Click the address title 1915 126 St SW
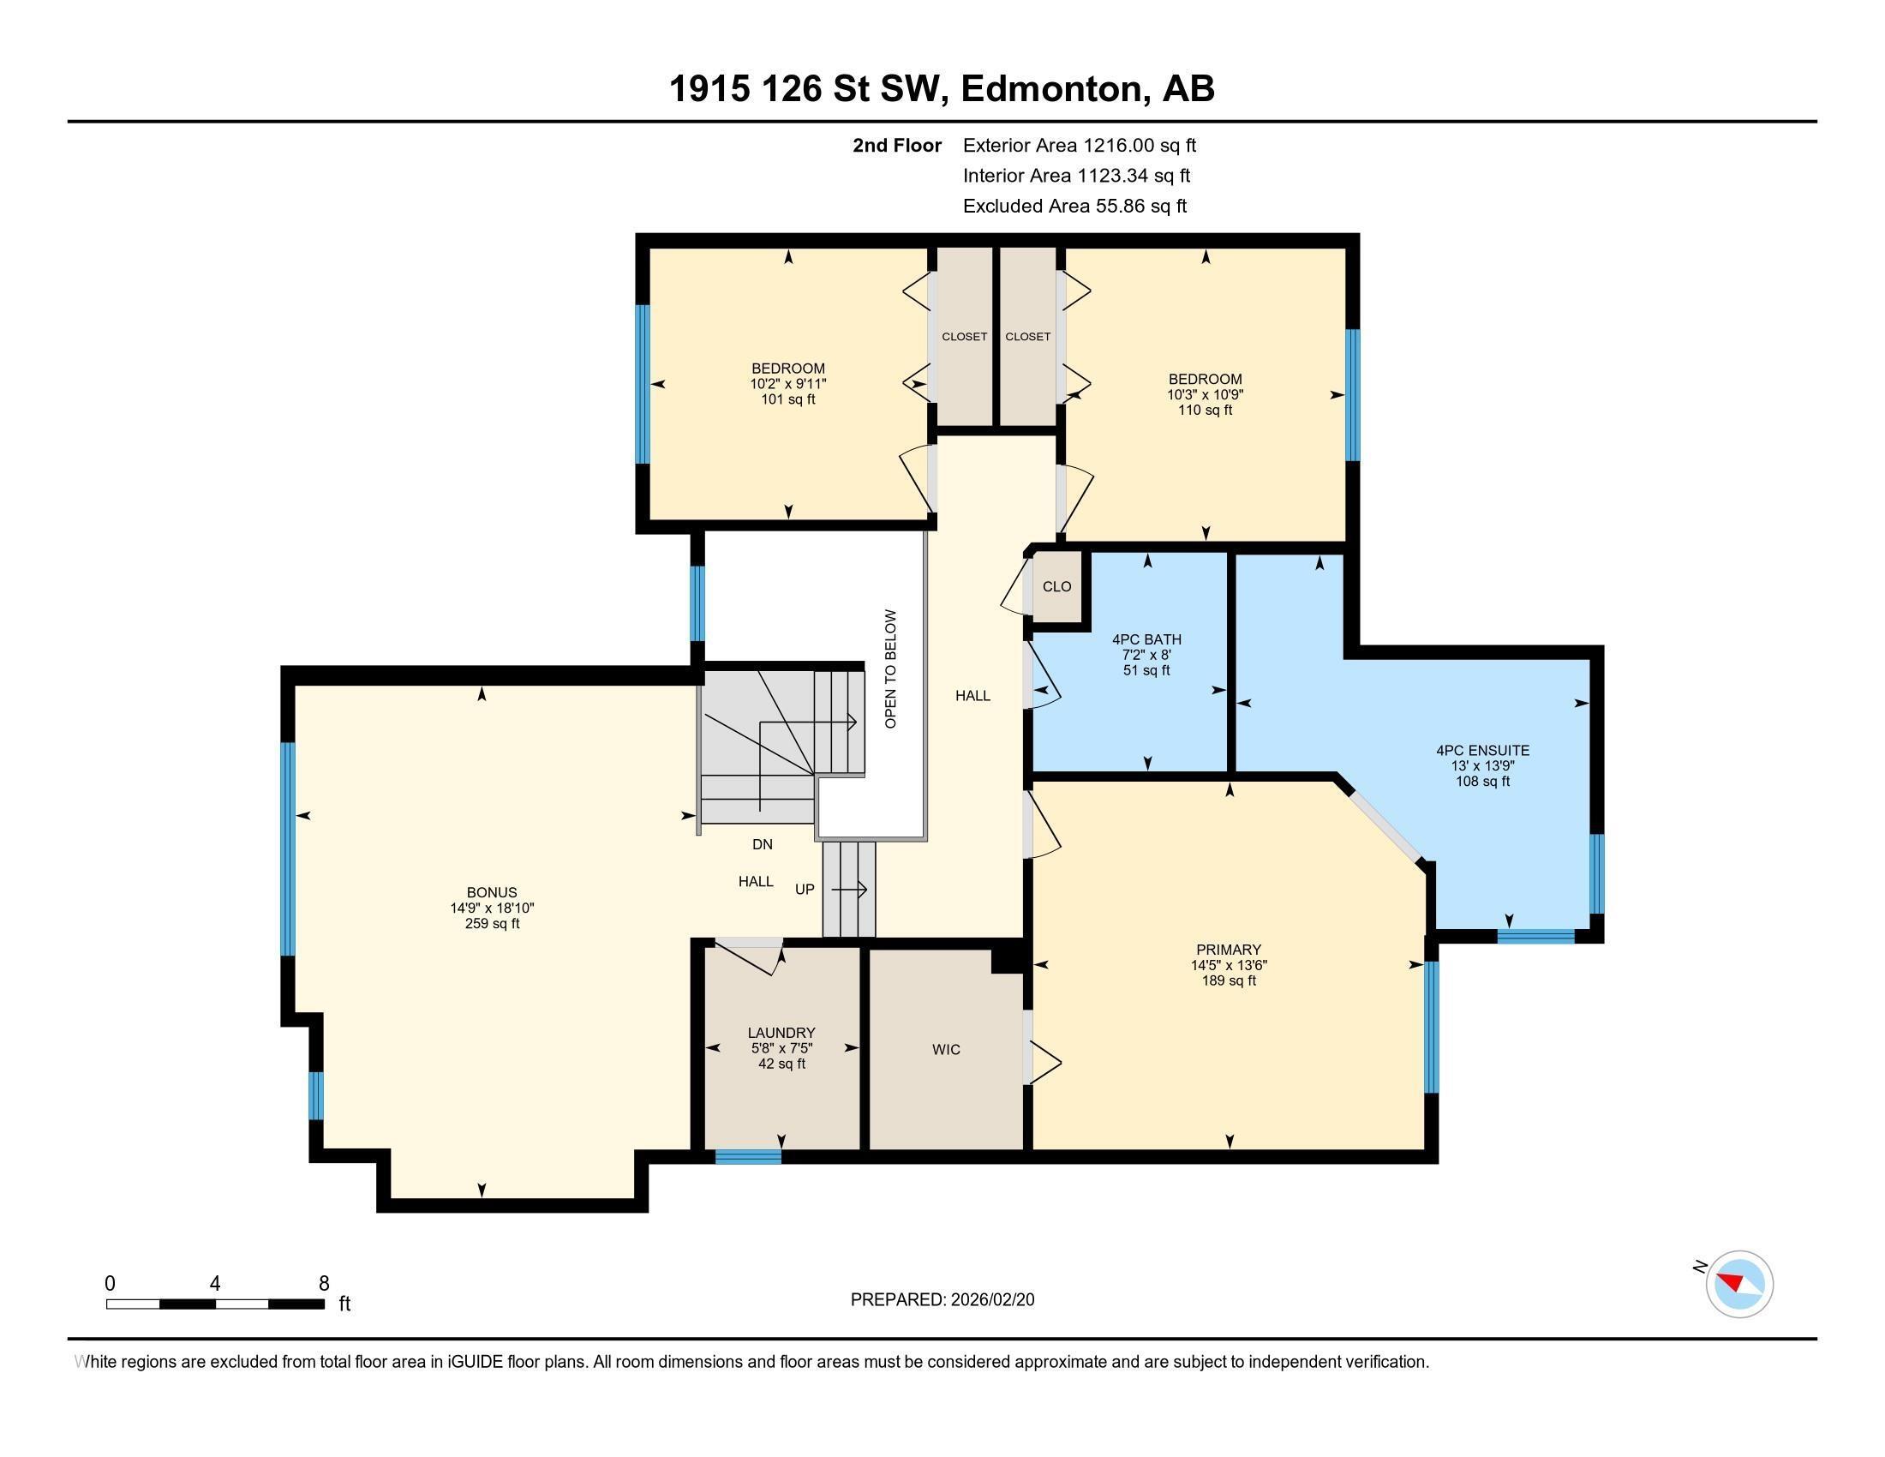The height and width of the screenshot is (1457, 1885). click(942, 89)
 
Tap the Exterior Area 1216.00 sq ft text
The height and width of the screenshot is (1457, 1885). click(1079, 145)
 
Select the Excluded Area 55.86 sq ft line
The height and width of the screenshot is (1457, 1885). click(1074, 206)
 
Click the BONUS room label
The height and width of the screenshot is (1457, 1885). click(492, 892)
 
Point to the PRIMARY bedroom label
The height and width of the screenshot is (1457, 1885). click(1228, 950)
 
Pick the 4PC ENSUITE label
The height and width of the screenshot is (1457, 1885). click(1482, 751)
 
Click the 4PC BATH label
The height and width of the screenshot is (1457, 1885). click(1146, 639)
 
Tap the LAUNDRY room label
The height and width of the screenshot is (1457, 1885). click(781, 1033)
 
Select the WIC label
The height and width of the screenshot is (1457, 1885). click(946, 1050)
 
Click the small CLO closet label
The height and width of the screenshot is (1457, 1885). click(1056, 587)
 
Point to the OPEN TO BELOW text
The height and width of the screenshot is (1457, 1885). click(891, 669)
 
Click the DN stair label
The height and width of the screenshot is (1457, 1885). click(762, 844)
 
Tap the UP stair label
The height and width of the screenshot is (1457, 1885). click(805, 889)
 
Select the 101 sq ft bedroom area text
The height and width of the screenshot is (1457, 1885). click(787, 399)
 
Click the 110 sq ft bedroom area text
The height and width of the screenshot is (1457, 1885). click(1205, 410)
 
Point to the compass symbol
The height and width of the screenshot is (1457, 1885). click(1739, 1284)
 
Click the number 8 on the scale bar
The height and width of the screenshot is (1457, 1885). click(324, 1284)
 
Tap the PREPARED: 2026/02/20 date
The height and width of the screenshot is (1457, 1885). click(942, 1300)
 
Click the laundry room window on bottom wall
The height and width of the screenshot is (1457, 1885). click(748, 1157)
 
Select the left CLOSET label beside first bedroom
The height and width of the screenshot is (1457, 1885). click(964, 337)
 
